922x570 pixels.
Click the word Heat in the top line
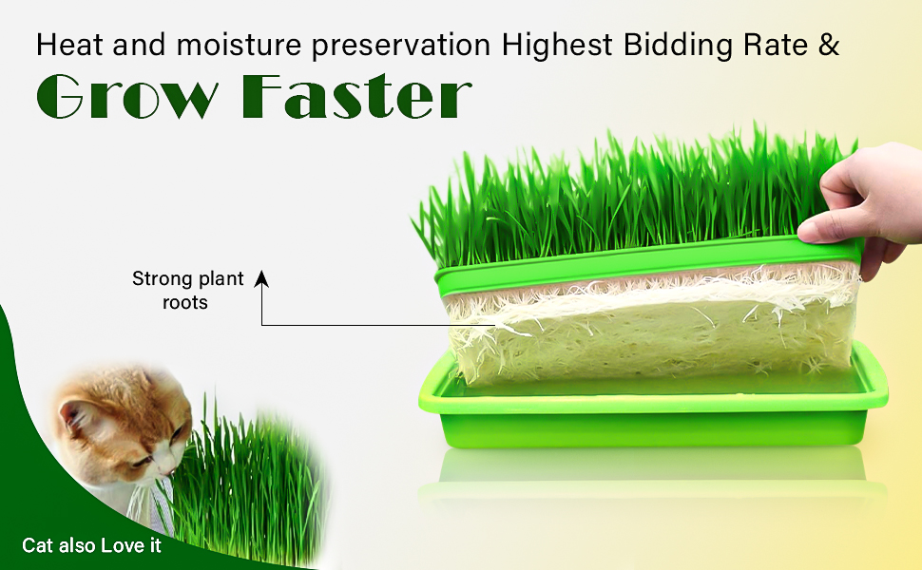coord(69,45)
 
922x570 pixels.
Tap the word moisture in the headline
coord(240,46)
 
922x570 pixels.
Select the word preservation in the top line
coord(402,47)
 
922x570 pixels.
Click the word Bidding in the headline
coord(678,46)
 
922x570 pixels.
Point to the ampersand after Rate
coord(828,45)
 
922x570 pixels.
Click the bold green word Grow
coord(127,97)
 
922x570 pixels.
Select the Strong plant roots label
coord(187,291)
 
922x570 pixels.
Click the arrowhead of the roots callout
coord(261,278)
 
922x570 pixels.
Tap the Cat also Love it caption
coord(92,545)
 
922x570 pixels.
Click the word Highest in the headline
coord(557,46)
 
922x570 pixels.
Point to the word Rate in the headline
coord(775,46)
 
